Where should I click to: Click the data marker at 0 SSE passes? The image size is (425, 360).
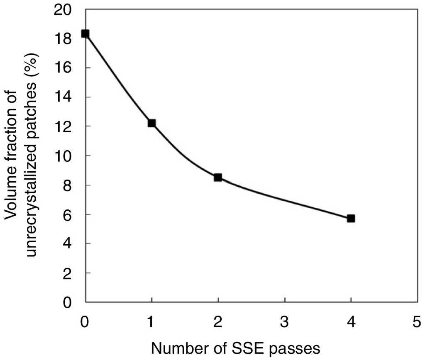pos(85,34)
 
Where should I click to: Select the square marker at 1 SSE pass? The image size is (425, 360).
pos(151,123)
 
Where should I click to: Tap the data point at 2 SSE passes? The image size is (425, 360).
pos(218,178)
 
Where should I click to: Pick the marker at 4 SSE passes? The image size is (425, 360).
pos(351,218)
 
